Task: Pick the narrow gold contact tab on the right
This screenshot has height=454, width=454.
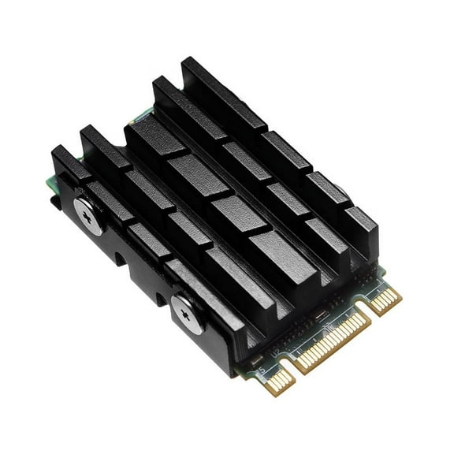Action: [388, 301]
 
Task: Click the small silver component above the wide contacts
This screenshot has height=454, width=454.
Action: [315, 315]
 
